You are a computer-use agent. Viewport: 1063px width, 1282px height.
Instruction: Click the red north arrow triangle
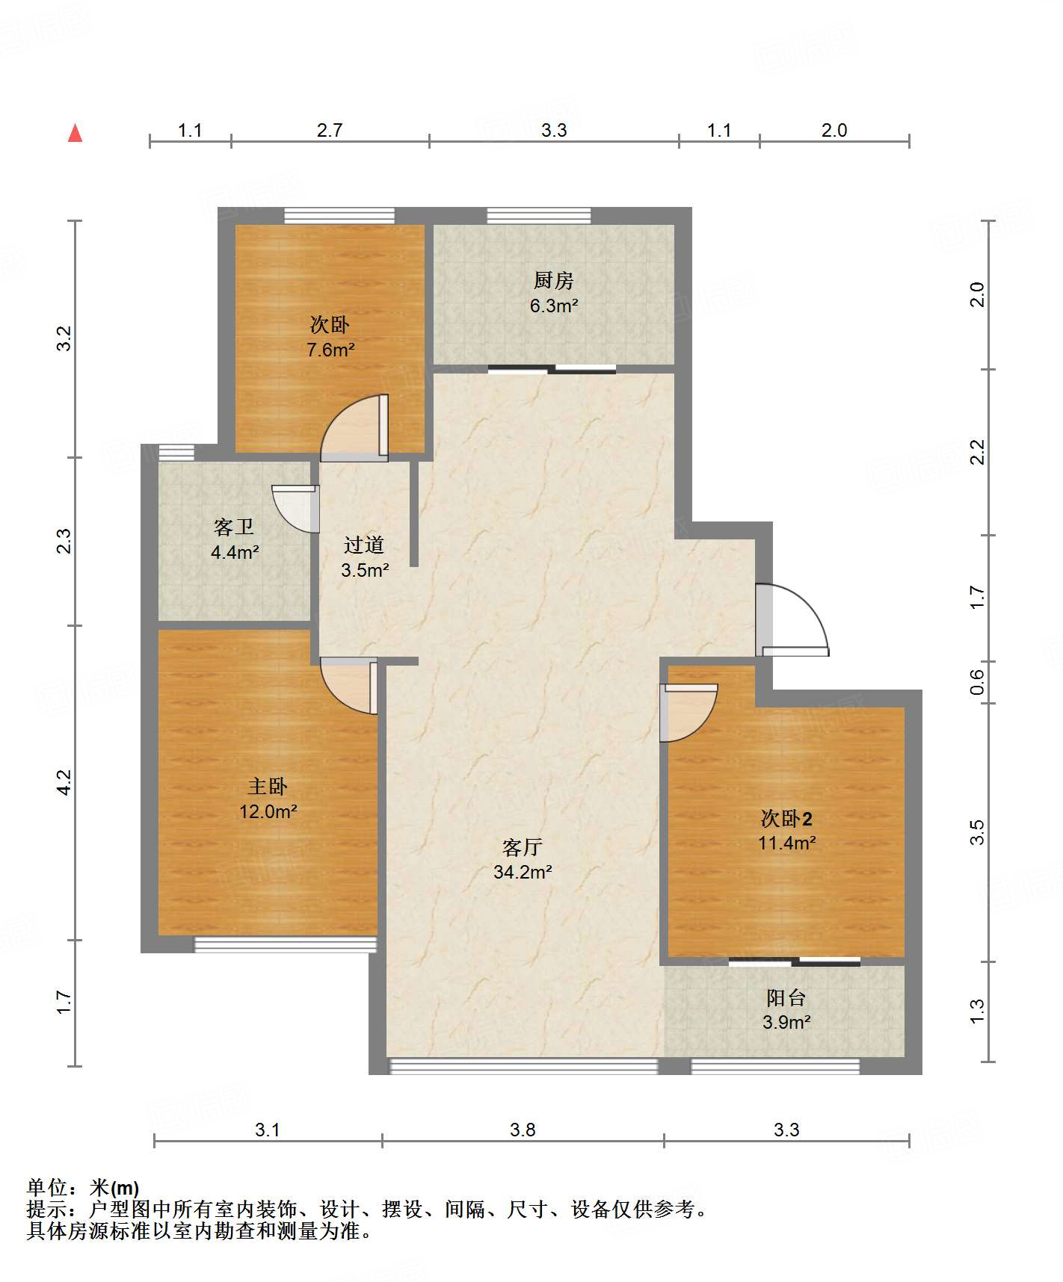[x=75, y=133]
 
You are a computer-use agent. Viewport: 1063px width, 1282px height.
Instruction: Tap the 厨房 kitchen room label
[x=554, y=280]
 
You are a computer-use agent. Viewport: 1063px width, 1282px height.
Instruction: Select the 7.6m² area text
[x=330, y=350]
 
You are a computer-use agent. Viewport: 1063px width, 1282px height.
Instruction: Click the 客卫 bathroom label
[x=234, y=527]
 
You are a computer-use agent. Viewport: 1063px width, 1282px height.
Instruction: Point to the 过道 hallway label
[x=364, y=545]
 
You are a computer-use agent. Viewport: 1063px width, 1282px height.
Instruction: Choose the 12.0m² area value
[x=268, y=811]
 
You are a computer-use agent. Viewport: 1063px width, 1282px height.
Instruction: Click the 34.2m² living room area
[x=523, y=872]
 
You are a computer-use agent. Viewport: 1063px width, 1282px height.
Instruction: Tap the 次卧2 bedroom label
[x=786, y=819]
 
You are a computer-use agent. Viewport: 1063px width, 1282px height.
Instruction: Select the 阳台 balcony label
[x=786, y=998]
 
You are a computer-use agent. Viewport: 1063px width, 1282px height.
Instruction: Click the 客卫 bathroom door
[x=296, y=509]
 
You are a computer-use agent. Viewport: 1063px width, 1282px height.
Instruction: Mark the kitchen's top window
[x=539, y=216]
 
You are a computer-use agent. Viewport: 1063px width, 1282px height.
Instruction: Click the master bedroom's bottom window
[x=286, y=945]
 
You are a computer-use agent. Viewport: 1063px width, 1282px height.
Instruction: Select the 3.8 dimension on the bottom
[x=523, y=1130]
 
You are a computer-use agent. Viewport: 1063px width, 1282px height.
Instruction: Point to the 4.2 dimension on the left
[x=64, y=782]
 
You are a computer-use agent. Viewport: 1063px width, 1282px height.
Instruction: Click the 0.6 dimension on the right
[x=977, y=681]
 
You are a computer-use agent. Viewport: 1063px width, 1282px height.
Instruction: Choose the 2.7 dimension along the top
[x=330, y=130]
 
